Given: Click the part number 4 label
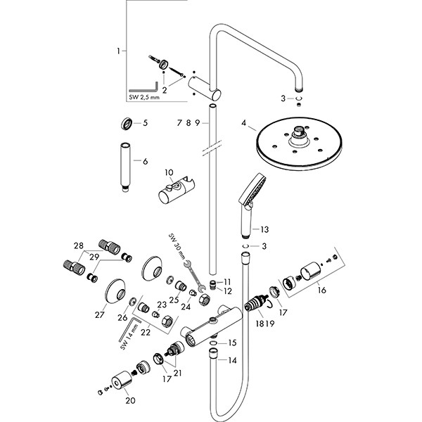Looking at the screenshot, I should pos(244,124).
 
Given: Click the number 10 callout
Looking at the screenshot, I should pos(168,172).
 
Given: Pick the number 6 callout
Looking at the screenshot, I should pos(146,161).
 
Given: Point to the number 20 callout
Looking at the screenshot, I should pos(129,401).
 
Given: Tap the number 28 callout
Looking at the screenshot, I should pos(79,245).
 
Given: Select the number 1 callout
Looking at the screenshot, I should pos(119,51).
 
